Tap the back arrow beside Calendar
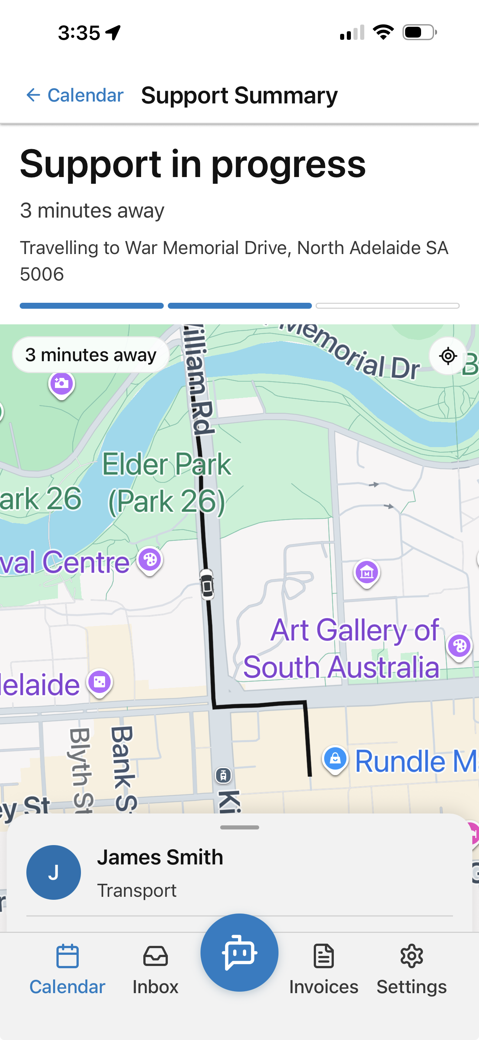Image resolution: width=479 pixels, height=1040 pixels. (x=33, y=95)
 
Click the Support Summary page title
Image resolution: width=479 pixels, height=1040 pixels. (x=239, y=96)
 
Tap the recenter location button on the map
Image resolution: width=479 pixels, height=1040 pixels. (x=448, y=356)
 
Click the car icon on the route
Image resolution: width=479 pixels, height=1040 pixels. (x=207, y=584)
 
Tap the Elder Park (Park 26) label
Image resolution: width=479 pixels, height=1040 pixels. (x=166, y=483)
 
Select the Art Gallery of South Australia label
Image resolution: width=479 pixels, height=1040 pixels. (x=341, y=648)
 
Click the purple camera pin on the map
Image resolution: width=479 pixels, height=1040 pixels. (x=61, y=383)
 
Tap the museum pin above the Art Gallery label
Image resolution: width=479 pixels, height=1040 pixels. (x=366, y=572)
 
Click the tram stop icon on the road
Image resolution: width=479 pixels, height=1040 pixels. (x=224, y=775)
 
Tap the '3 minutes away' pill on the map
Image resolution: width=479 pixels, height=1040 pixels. (x=91, y=355)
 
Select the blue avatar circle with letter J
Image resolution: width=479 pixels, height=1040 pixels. (x=53, y=872)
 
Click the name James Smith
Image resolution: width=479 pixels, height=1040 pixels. (x=160, y=857)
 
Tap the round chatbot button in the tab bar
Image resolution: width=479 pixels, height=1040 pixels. (x=239, y=952)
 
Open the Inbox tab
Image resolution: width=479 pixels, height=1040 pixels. (x=155, y=969)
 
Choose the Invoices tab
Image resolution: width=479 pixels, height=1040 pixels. (x=324, y=969)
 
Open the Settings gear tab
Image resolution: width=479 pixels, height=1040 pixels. (x=411, y=969)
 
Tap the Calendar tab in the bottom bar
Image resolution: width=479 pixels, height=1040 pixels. (x=67, y=969)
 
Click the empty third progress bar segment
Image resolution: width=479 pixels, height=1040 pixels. (x=388, y=306)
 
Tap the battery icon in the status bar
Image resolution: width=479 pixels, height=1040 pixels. (x=419, y=32)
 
